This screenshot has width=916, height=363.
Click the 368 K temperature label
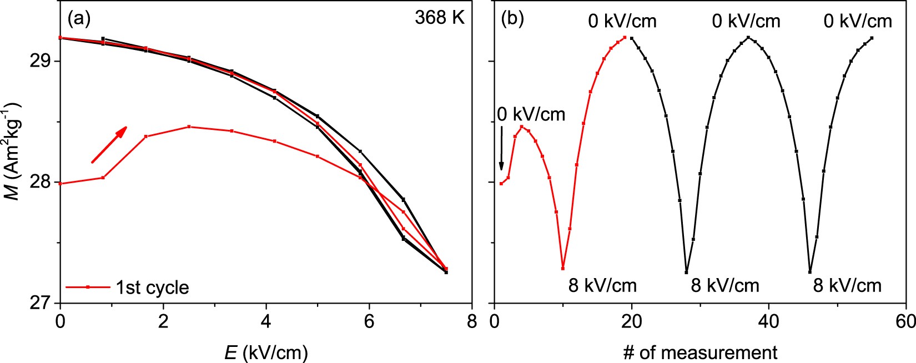[x=439, y=18]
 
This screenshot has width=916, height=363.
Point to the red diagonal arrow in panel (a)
[x=109, y=144]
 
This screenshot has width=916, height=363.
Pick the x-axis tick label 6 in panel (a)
[x=369, y=322]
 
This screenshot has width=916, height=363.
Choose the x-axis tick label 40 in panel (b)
[x=768, y=322]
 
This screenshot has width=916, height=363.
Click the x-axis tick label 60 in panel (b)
[x=905, y=322]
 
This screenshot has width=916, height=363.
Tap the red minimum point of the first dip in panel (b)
[x=563, y=269]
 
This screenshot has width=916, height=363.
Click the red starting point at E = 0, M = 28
[x=60, y=183]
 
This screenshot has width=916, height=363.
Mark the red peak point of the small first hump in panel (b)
[x=521, y=127]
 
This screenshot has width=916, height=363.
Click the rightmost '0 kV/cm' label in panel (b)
[x=858, y=21]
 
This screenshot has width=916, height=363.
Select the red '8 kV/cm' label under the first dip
[x=602, y=285]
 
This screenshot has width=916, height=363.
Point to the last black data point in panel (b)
[x=872, y=38]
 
